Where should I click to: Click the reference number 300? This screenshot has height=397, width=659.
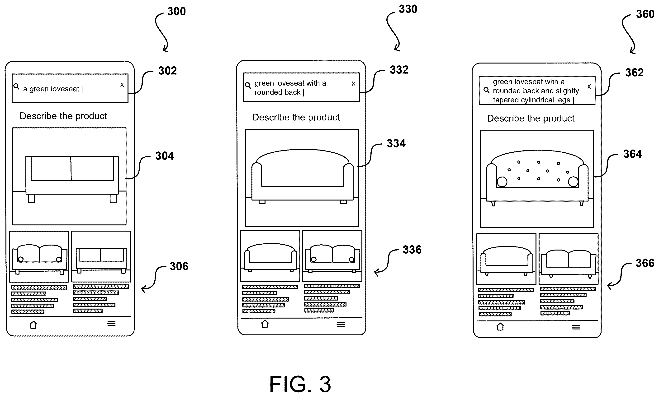[x=176, y=11]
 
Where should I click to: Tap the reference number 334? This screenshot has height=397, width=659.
[x=396, y=143]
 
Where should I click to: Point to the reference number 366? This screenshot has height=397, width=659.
[x=645, y=263]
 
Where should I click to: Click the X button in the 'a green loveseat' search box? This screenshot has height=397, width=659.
[x=122, y=85]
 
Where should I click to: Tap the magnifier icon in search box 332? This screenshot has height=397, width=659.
[x=248, y=85]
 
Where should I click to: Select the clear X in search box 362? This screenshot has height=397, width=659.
[x=589, y=87]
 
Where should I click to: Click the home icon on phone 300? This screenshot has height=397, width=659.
[x=33, y=325]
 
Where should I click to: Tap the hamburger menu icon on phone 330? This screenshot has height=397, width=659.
[x=341, y=324]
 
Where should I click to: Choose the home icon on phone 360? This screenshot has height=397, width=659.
[x=500, y=327]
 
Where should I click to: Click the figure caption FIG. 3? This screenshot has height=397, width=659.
[x=300, y=384]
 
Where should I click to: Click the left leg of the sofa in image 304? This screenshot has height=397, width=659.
[x=32, y=199]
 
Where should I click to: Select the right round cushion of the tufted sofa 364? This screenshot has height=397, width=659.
[x=573, y=182]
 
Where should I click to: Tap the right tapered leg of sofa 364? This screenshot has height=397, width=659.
[x=581, y=203]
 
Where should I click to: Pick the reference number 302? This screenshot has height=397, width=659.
[x=167, y=71]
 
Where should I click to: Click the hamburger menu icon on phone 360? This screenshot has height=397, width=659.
[x=576, y=327]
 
